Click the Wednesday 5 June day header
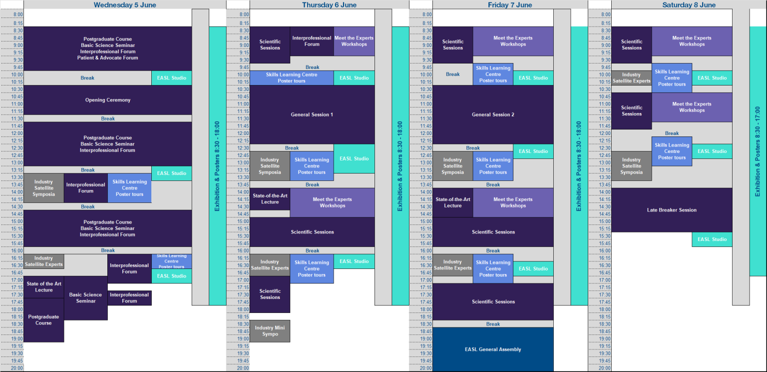click(125, 5)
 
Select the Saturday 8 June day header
click(689, 5)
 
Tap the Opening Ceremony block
click(107, 100)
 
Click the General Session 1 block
click(312, 114)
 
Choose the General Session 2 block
click(493, 114)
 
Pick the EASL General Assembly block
click(493, 349)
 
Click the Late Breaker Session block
click(672, 210)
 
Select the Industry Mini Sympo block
click(270, 331)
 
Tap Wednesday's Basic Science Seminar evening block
click(85, 298)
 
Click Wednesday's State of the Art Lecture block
click(44, 287)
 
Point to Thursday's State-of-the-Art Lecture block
click(270, 199)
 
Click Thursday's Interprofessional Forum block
click(312, 41)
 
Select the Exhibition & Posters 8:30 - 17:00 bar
click(758, 151)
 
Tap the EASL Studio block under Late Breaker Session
click(712, 239)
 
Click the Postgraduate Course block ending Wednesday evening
click(43, 320)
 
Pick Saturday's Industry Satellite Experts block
click(631, 78)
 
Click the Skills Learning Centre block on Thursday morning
click(292, 78)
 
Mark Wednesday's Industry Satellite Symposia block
click(43, 188)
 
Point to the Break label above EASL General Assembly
click(493, 324)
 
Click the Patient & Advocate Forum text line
click(107, 58)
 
